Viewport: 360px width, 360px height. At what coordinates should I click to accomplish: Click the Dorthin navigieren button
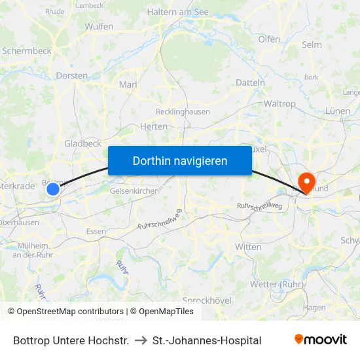(180, 160)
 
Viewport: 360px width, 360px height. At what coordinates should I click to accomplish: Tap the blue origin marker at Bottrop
(53, 189)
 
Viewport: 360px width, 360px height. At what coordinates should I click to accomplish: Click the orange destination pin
(306, 181)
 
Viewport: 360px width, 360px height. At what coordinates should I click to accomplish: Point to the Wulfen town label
(99, 27)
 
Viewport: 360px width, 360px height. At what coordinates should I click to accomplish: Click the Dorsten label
(72, 76)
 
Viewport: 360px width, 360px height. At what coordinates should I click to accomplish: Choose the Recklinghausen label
(183, 112)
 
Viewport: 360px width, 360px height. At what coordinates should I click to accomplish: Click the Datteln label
(250, 83)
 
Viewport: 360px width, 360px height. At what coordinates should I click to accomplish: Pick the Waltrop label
(279, 104)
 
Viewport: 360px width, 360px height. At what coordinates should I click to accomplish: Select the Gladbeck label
(82, 143)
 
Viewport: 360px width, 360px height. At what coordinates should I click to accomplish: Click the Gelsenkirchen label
(134, 190)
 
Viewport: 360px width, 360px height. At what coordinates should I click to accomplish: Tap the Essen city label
(96, 232)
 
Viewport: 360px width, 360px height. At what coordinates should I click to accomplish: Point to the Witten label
(248, 247)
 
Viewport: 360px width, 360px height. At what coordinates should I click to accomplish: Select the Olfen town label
(269, 39)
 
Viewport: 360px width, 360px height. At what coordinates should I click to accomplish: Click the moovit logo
(320, 340)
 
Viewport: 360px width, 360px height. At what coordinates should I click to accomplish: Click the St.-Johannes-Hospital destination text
(207, 340)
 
